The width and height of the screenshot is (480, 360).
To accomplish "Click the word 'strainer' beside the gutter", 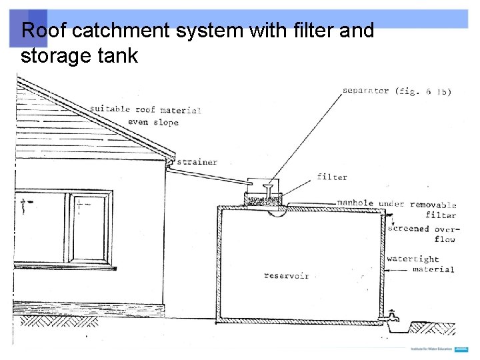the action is pos(197,162).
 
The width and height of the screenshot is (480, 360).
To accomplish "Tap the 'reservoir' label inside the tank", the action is pos(286,276).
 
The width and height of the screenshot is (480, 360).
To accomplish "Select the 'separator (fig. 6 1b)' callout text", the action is pos(396,91).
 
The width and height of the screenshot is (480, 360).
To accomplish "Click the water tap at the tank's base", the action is pos(393,317).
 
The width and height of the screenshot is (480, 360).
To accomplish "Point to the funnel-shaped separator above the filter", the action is pos(267,185).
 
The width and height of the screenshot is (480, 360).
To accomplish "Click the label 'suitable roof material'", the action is pos(145,109).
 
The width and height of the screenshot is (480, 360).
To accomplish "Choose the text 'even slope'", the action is pos(153,123).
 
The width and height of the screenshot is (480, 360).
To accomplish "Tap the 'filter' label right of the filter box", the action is pos(332,177).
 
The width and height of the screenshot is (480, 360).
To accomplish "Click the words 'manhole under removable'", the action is pos(396,204).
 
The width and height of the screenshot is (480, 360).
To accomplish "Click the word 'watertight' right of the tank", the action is pos(413,259).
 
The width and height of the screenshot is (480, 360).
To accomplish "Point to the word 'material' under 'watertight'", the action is pos(433,270).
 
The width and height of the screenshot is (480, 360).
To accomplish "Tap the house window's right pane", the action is pos(89,228).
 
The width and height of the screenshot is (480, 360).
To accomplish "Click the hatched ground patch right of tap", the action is pos(433,328).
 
